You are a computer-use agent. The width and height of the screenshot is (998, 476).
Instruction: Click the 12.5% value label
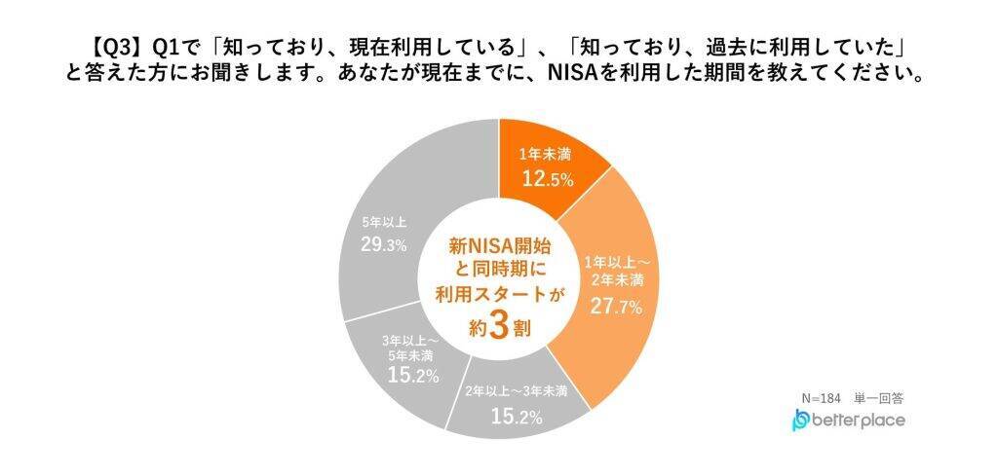[545, 179]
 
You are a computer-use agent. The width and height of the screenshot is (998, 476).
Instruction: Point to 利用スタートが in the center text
[498, 296]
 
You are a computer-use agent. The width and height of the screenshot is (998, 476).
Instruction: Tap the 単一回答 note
[880, 397]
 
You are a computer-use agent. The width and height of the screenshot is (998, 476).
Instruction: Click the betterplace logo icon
[801, 421]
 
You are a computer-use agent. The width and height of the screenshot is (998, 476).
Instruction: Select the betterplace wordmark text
[860, 420]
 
